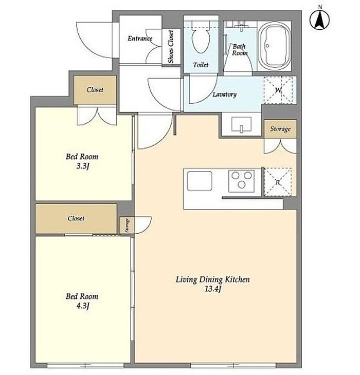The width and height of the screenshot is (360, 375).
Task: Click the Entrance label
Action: [x=140, y=38]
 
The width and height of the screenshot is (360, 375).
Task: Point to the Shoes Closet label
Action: [x=171, y=47]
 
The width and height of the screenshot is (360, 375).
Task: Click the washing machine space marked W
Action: [x=278, y=90]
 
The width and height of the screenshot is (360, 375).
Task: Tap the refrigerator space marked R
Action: [x=278, y=182]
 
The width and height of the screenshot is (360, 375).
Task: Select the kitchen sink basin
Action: [x=200, y=180]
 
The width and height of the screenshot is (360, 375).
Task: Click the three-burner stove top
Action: [x=241, y=181]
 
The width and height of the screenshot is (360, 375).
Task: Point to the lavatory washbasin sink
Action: [x=241, y=124]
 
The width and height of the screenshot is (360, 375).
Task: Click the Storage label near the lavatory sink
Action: [x=280, y=129]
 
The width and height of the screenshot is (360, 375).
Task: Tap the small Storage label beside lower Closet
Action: [x=127, y=226]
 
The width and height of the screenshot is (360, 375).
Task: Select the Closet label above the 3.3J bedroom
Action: [x=95, y=90]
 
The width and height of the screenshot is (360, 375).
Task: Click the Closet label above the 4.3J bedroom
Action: [x=76, y=218]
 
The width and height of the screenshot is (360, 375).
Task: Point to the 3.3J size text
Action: [x=83, y=166]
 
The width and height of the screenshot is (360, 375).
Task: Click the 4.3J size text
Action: [x=83, y=306]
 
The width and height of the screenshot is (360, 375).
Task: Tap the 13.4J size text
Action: [x=212, y=289]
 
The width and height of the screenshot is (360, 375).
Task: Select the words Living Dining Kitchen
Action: [x=212, y=279]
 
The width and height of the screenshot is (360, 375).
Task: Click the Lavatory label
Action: [x=225, y=95]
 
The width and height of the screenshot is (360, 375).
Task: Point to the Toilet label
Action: [x=201, y=65]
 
